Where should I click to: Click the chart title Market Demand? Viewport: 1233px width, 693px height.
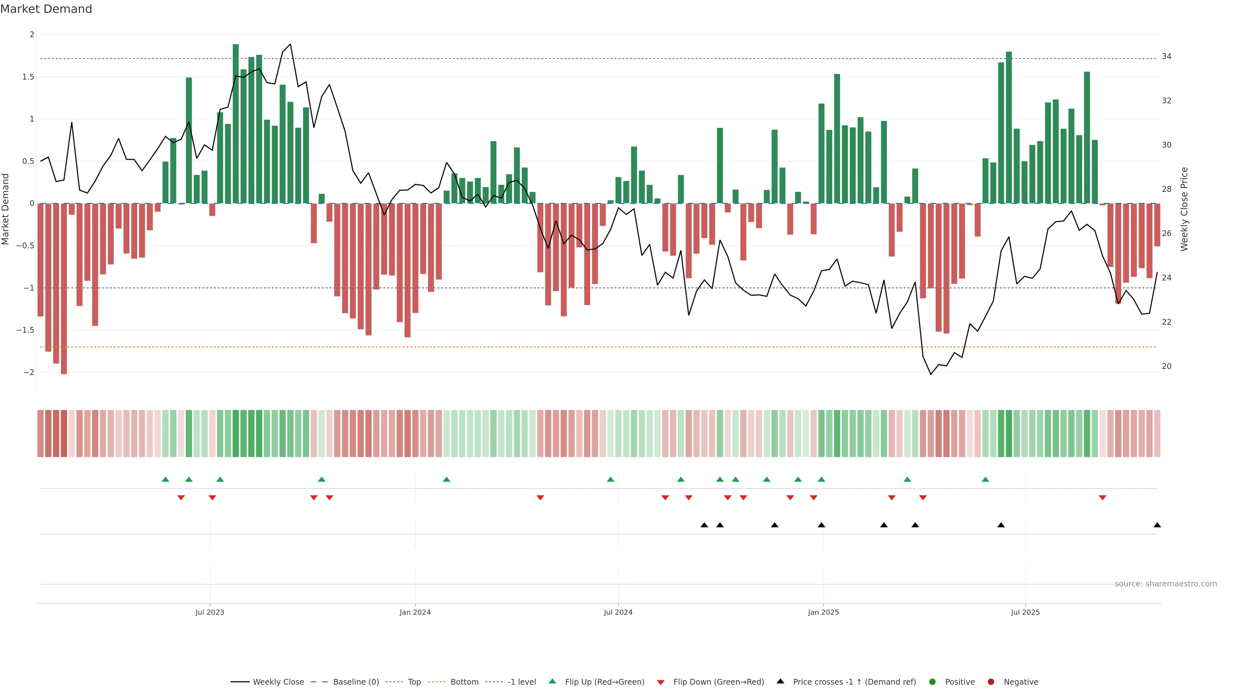pos(46,9)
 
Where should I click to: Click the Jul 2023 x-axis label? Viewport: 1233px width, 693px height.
pos(210,612)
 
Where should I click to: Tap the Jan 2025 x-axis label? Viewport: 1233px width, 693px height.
pos(823,612)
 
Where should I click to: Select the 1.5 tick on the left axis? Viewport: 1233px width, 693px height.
pos(28,77)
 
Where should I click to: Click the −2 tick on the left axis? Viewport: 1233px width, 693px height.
pos(28,372)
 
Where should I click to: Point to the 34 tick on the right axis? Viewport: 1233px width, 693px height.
pos(1167,56)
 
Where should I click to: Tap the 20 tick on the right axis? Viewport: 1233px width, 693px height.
pos(1167,366)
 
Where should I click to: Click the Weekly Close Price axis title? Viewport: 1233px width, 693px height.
pos(1184,209)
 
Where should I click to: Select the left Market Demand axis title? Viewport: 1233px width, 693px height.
pos(6,209)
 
